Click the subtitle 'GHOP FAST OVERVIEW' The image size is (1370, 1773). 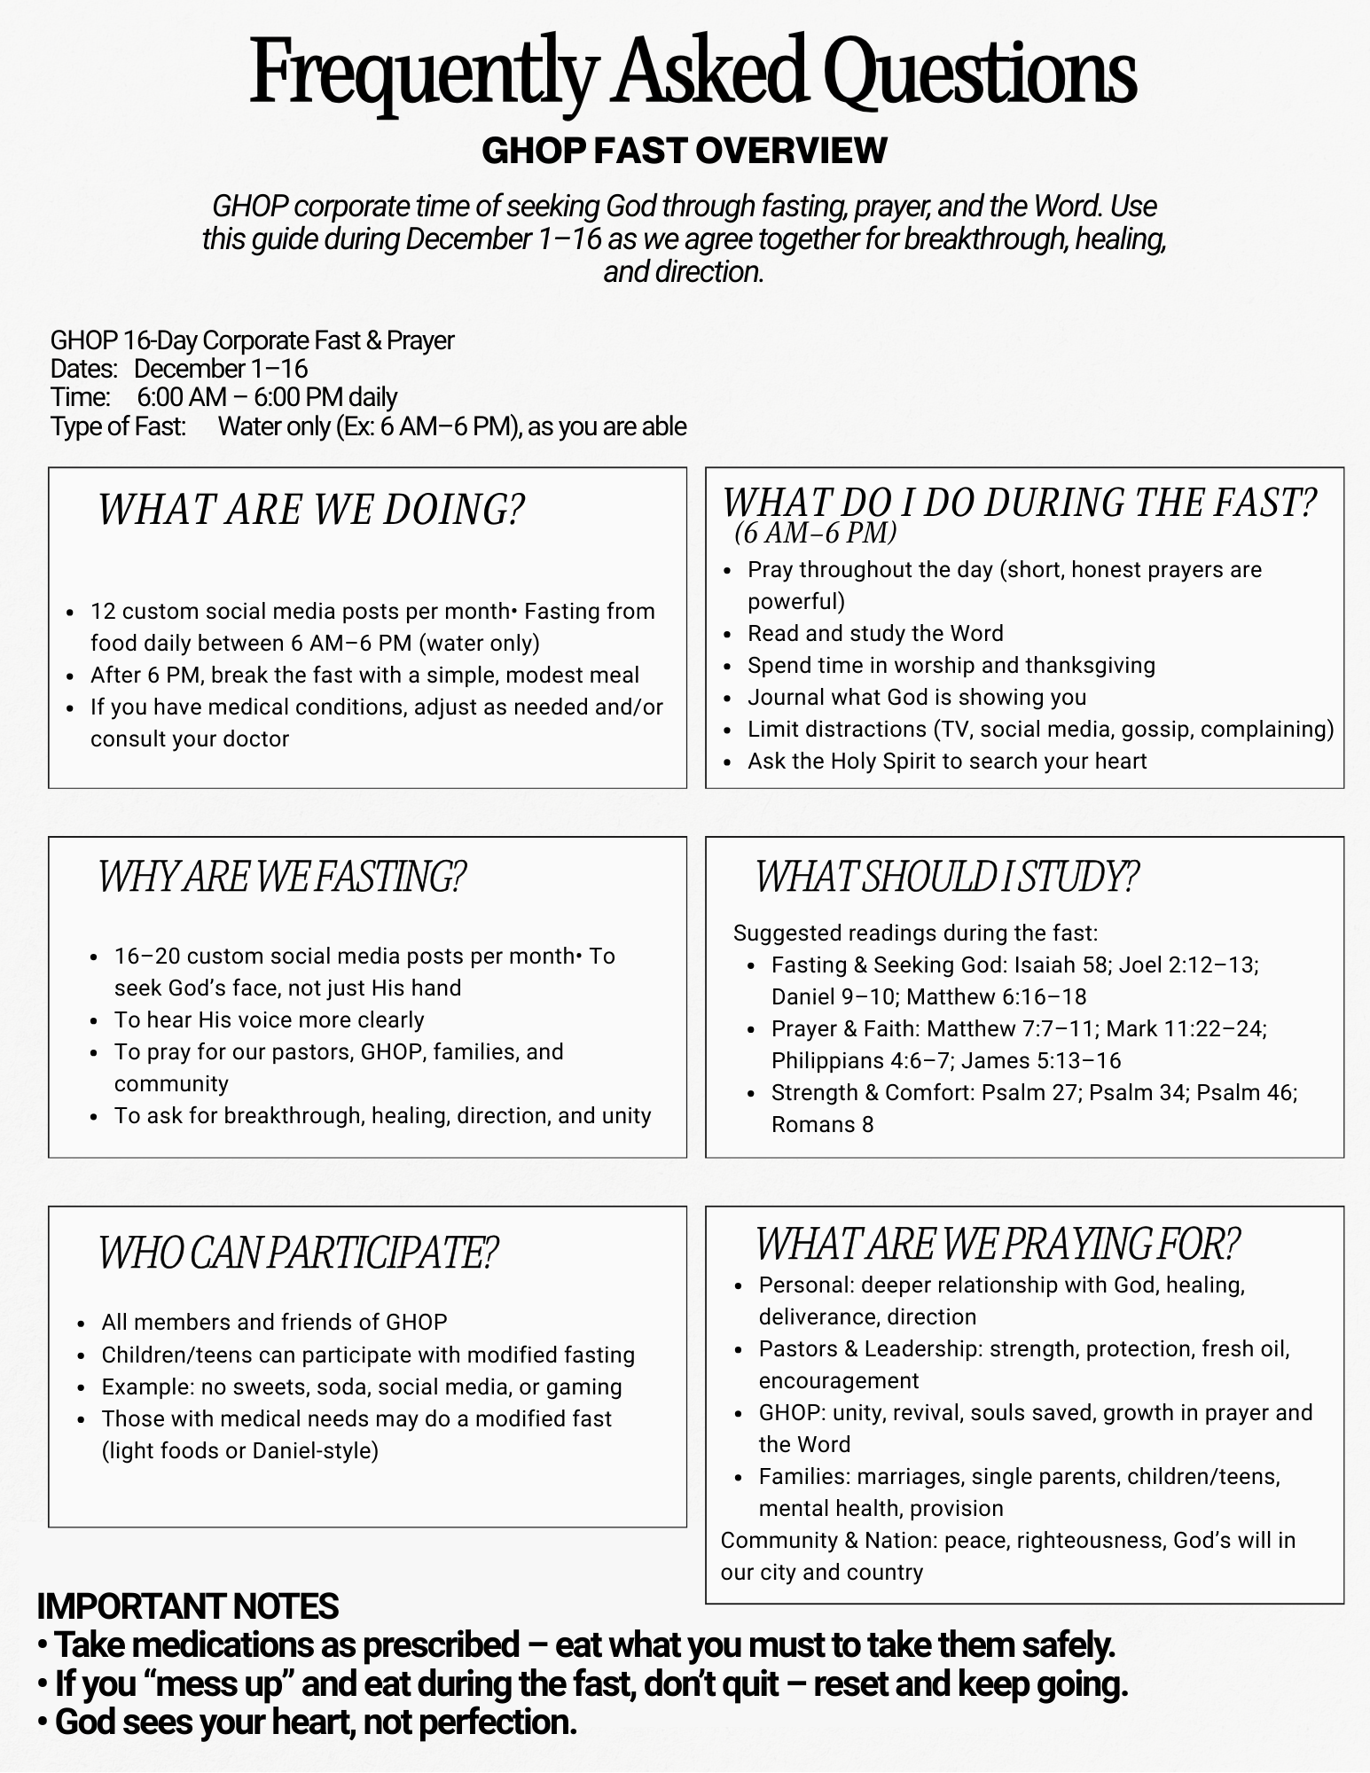tap(684, 151)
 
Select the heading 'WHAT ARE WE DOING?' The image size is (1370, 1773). tap(310, 510)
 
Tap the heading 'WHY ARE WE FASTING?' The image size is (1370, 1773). tap(281, 877)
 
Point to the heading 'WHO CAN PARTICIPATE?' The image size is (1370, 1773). tap(297, 1253)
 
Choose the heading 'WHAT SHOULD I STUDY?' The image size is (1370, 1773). tap(946, 877)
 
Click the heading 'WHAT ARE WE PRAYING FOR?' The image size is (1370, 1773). tap(997, 1244)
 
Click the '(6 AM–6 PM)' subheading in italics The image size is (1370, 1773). tap(815, 532)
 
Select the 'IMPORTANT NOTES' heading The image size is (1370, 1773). tap(187, 1606)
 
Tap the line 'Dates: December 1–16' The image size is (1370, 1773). tap(179, 369)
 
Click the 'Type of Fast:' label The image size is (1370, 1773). tap(118, 426)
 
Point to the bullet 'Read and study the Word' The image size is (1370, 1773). tap(875, 633)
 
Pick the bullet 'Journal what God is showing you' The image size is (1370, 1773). tap(917, 697)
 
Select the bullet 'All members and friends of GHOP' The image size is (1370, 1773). tap(274, 1322)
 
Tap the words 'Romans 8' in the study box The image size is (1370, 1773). tap(822, 1124)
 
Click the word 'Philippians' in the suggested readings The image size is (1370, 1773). tap(827, 1060)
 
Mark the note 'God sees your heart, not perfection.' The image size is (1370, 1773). tap(316, 1722)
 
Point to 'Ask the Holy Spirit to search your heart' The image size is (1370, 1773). tap(947, 761)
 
